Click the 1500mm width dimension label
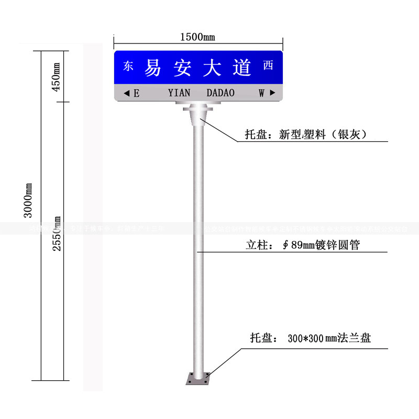point(197,37)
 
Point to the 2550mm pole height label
point(57,233)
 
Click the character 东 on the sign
point(128,66)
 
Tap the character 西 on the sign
point(268,65)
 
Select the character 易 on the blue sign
point(153,67)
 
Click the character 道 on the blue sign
point(242,67)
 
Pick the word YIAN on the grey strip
point(180,93)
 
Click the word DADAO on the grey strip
point(220,93)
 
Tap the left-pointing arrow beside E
point(126,93)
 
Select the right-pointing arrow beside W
point(272,93)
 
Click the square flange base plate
point(199,378)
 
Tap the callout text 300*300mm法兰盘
point(329,338)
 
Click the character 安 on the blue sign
point(182,67)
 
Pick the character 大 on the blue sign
point(212,67)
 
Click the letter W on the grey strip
point(262,93)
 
